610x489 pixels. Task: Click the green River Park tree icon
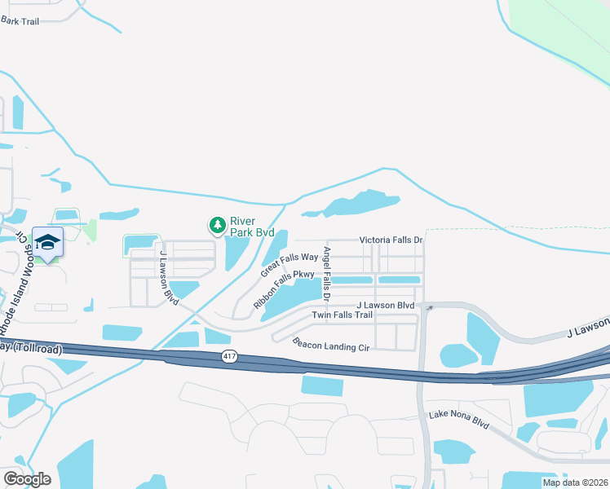pyautogui.click(x=217, y=225)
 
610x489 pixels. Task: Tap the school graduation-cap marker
pyautogui.click(x=47, y=242)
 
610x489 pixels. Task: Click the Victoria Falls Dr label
pyautogui.click(x=391, y=240)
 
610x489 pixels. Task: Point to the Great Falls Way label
pyautogui.click(x=289, y=263)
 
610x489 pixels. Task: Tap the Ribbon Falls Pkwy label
pyautogui.click(x=283, y=289)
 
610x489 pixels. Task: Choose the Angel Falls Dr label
pyautogui.click(x=326, y=270)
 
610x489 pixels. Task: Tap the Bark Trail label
pyautogui.click(x=20, y=21)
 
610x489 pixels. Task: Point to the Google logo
pyautogui.click(x=28, y=478)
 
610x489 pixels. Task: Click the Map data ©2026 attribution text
pyautogui.click(x=574, y=482)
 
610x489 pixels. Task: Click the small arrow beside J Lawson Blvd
pyautogui.click(x=429, y=307)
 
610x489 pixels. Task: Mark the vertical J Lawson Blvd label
pyautogui.click(x=169, y=277)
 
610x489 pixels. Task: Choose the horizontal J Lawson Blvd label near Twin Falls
pyautogui.click(x=385, y=305)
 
